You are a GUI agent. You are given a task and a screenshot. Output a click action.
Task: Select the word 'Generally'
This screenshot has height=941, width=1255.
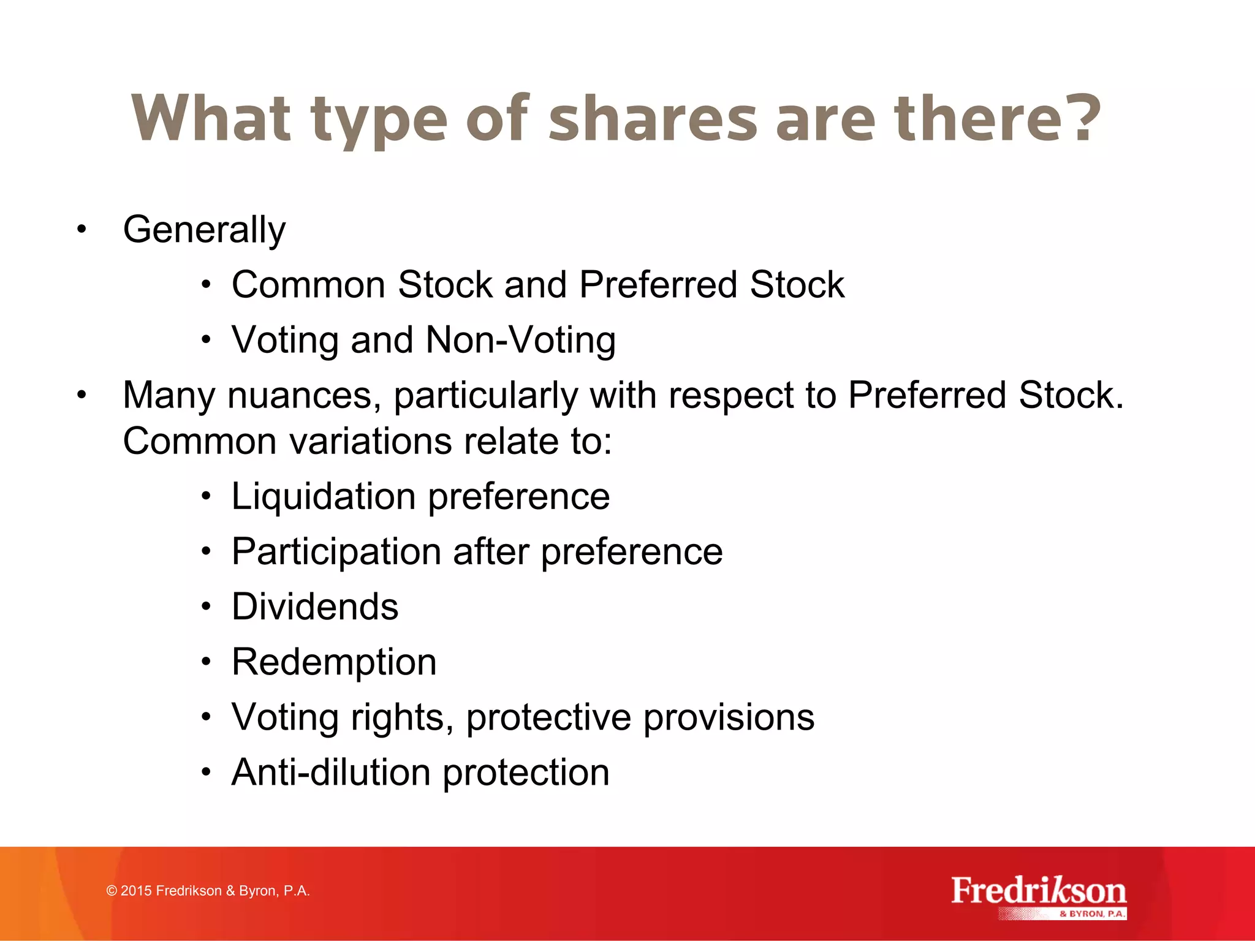[x=204, y=230]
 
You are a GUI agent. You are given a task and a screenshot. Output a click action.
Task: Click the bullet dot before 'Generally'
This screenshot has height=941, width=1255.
[x=82, y=230]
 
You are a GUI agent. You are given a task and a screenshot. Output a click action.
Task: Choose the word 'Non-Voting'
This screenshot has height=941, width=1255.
[x=520, y=340]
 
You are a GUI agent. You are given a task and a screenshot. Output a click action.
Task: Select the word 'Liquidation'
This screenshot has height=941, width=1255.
[x=324, y=496]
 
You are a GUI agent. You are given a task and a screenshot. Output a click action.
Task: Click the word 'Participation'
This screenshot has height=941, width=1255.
[x=336, y=551]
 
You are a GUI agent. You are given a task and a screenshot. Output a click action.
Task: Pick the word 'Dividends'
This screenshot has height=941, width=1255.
[x=315, y=607]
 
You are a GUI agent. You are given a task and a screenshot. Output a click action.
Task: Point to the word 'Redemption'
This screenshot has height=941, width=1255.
[x=334, y=662]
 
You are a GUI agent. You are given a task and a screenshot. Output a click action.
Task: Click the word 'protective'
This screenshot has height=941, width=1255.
[x=548, y=717]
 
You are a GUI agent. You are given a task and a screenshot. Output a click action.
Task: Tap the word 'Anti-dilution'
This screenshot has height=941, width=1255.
[x=331, y=773]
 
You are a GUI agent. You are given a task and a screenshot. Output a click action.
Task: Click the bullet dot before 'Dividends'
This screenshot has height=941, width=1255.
[x=207, y=607]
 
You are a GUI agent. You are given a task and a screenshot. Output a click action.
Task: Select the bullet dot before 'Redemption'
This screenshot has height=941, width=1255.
[x=207, y=662]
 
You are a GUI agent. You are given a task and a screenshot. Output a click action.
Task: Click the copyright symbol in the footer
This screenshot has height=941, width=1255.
[x=112, y=891]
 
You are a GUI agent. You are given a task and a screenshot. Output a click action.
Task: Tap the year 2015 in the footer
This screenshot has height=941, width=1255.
[x=136, y=891]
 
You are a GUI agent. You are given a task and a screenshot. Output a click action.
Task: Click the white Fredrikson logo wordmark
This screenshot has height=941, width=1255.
[x=1038, y=891]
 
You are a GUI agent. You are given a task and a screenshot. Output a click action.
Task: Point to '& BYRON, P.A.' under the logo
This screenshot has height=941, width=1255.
[x=1093, y=913]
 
